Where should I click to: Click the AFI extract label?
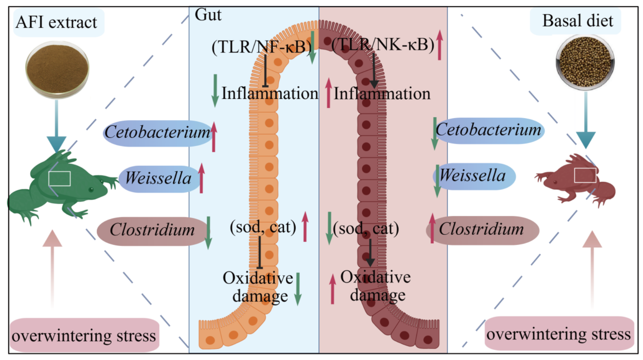(57, 22)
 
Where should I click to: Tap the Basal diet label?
(578, 21)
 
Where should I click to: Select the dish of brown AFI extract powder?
(57, 70)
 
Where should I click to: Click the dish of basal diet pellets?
(585, 62)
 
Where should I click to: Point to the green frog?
(62, 187)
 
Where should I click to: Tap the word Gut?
(208, 15)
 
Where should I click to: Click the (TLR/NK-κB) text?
(383, 45)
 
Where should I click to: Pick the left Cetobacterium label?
(157, 133)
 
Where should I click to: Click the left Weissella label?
(158, 178)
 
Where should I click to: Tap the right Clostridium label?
(482, 229)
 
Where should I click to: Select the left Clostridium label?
(152, 230)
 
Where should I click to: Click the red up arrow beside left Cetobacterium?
(213, 137)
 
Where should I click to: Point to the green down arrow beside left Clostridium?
(208, 233)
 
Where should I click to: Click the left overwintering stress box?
(84, 335)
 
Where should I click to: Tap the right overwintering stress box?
(559, 334)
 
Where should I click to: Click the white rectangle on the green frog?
(59, 179)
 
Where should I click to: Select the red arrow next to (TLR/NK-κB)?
(440, 45)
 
